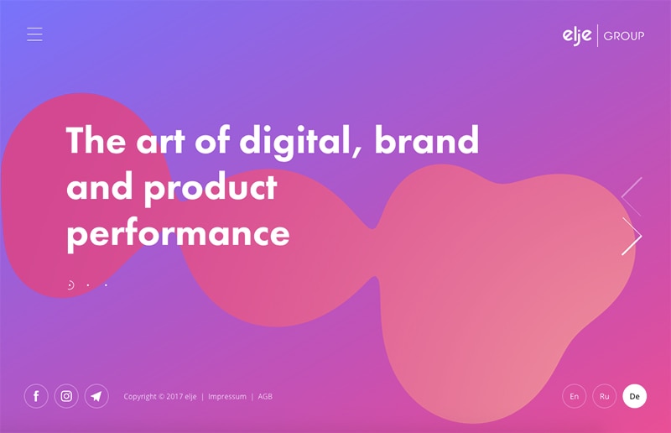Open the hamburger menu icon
pos(34,34)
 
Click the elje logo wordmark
pos(577,35)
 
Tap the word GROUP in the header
pos(624,36)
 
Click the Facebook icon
pos(36,396)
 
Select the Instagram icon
pos(66,396)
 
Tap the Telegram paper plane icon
pos(96,396)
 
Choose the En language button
pos(575,396)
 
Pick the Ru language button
pos(604,396)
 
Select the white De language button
pos(635,396)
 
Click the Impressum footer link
pos(227,397)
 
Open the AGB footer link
pos(265,397)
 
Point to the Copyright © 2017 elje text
pos(160,397)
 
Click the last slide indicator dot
pos(107,285)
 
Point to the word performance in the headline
pos(179,234)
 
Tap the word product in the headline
pos(211,188)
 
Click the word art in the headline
pos(160,141)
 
